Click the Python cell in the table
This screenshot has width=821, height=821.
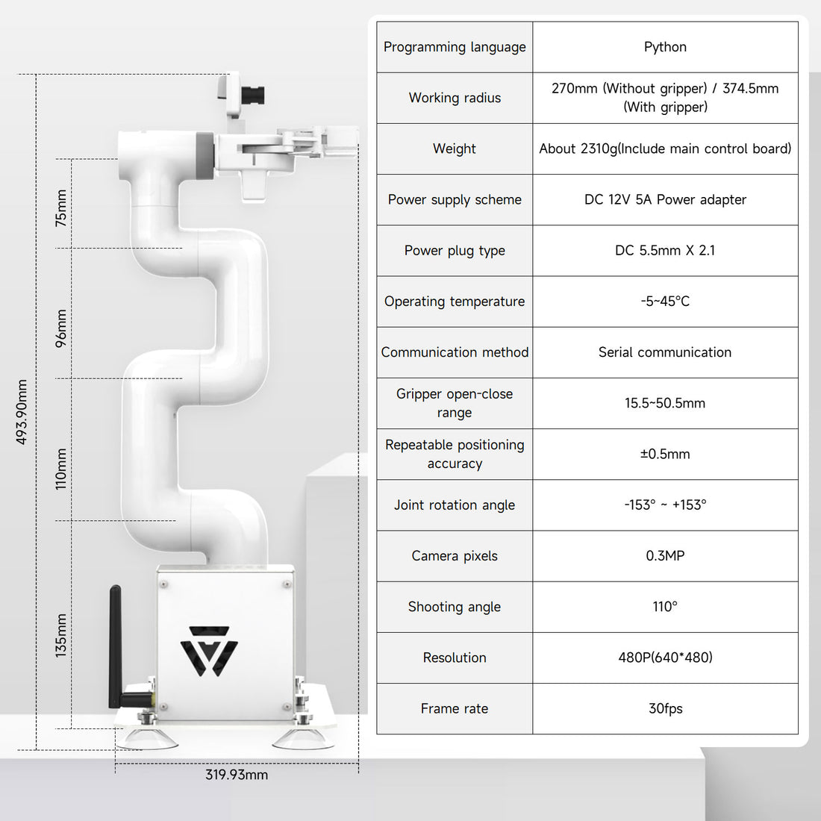(x=665, y=47)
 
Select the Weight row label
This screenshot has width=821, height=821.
(x=455, y=149)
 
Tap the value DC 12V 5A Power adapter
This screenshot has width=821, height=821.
(x=665, y=199)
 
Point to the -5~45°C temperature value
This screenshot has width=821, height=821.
(x=665, y=302)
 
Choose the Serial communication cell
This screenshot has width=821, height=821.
(x=665, y=352)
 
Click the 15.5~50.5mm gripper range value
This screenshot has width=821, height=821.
(x=665, y=403)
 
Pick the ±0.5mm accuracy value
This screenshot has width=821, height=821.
(x=665, y=454)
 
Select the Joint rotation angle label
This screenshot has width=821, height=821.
(x=455, y=505)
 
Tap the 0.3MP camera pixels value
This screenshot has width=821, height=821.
(x=665, y=556)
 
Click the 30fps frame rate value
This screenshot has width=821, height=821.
(x=665, y=708)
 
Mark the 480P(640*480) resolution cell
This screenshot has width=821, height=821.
(x=665, y=658)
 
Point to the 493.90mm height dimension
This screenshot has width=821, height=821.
(x=22, y=412)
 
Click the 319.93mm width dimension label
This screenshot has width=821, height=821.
(x=237, y=775)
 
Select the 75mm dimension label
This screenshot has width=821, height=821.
(x=61, y=208)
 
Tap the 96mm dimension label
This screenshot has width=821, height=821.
(x=61, y=328)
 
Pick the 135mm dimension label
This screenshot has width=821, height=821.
(x=61, y=635)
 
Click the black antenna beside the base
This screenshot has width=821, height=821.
(x=116, y=642)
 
